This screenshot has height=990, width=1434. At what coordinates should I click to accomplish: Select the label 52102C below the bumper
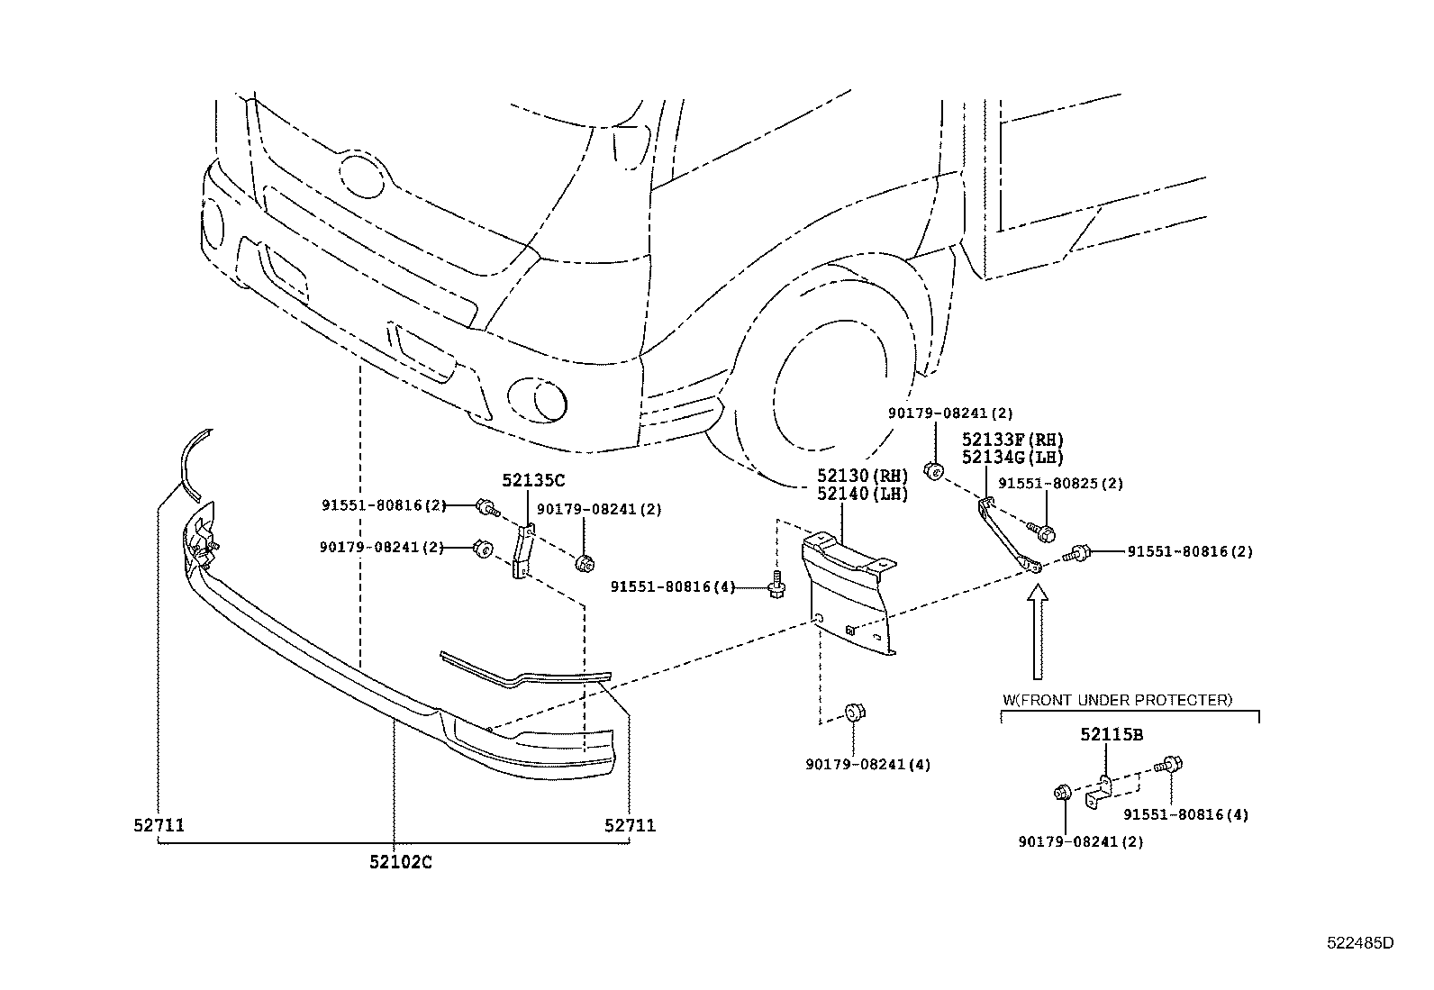[400, 862]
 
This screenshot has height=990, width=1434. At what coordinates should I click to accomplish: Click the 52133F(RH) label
[1012, 440]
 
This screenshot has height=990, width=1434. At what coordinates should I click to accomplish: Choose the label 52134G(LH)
[1012, 457]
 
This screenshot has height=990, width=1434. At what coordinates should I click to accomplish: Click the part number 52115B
[1112, 734]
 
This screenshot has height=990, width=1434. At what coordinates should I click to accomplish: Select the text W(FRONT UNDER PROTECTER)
[1117, 699]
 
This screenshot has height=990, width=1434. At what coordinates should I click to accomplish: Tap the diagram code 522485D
[1360, 943]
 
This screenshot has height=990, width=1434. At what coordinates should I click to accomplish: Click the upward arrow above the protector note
[1038, 631]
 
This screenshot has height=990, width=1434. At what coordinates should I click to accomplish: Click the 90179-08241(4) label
[867, 765]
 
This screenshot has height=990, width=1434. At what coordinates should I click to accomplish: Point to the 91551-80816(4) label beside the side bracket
[672, 587]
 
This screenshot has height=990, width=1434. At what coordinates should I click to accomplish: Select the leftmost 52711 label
[159, 824]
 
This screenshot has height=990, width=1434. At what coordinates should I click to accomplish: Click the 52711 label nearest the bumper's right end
[630, 824]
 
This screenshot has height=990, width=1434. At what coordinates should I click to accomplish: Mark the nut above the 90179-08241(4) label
[854, 714]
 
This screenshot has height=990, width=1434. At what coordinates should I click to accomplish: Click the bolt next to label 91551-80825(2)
[1044, 532]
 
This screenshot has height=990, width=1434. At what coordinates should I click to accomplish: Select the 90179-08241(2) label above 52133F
[949, 413]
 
